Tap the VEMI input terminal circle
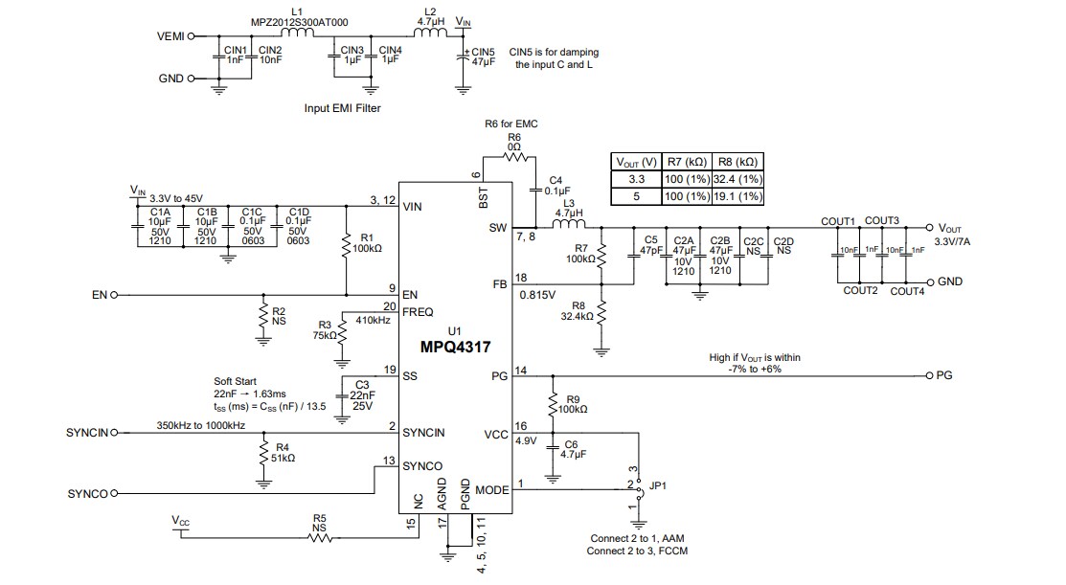pyautogui.click(x=192, y=36)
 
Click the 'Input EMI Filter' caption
pyautogui.click(x=342, y=108)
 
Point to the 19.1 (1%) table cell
pyautogui.click(x=737, y=196)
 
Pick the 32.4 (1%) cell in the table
pyautogui.click(x=737, y=179)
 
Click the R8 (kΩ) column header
pyautogui.click(x=737, y=161)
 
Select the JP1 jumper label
pyautogui.click(x=659, y=484)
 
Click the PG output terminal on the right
pyautogui.click(x=928, y=374)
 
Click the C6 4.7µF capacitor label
pyautogui.click(x=571, y=450)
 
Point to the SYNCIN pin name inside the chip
pyautogui.click(x=424, y=432)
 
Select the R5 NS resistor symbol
pyautogui.click(x=319, y=538)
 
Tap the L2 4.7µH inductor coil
pyautogui.click(x=430, y=36)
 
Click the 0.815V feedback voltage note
pyautogui.click(x=538, y=295)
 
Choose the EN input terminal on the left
pyautogui.click(x=114, y=295)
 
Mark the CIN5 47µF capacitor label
pyautogui.click(x=483, y=56)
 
